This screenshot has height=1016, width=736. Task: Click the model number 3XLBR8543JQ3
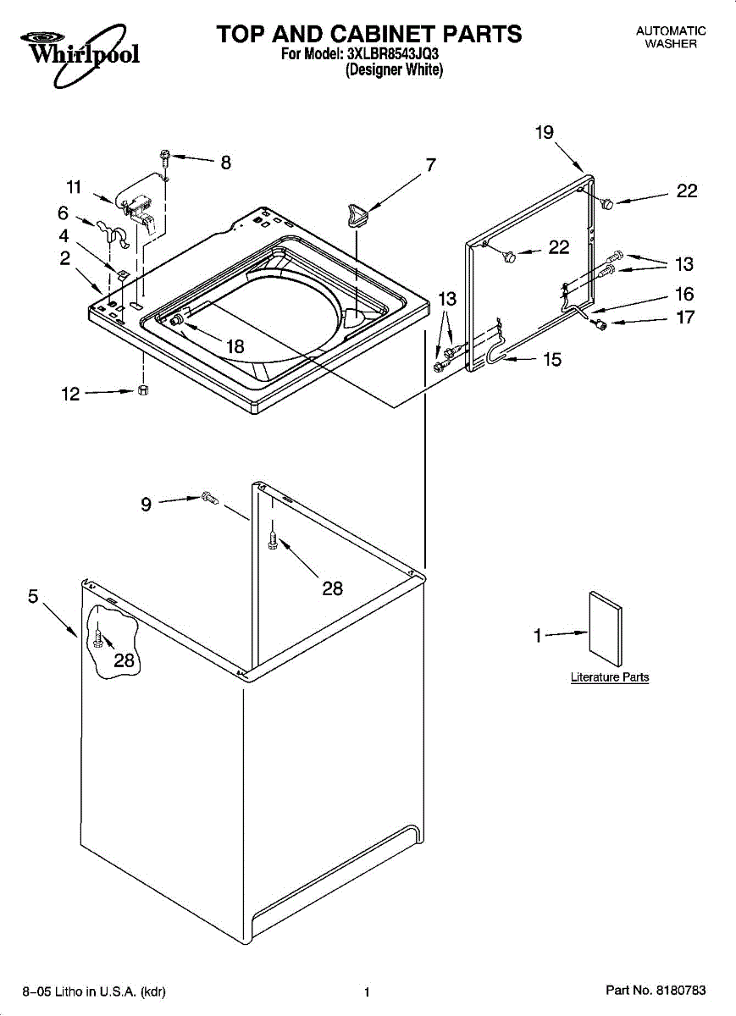(x=393, y=55)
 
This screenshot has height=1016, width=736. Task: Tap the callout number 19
(x=545, y=132)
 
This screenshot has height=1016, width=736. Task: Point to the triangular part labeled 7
(x=355, y=213)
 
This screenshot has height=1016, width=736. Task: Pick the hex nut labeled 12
(x=143, y=390)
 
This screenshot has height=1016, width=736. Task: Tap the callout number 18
(x=234, y=345)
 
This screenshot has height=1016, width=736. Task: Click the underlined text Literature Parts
(x=610, y=677)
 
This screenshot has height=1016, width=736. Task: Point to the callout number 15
(x=551, y=360)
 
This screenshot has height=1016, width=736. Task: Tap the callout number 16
(x=683, y=295)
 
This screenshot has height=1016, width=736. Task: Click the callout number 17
(x=683, y=318)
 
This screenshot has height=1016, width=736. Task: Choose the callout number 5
(x=33, y=596)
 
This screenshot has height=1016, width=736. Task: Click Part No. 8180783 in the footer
(x=655, y=991)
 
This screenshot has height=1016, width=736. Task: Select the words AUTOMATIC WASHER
(x=671, y=37)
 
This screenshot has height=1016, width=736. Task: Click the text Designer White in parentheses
(x=395, y=71)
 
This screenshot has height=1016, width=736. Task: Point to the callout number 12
(x=70, y=394)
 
